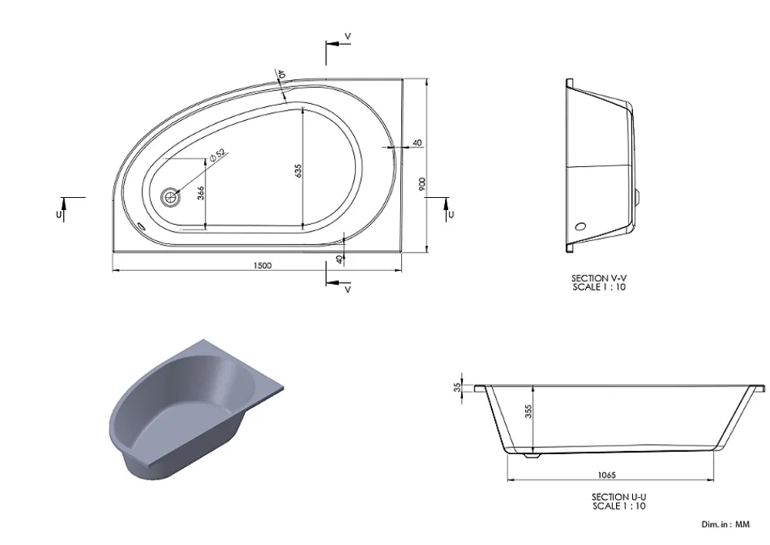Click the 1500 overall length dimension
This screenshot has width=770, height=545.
pyautogui.click(x=263, y=266)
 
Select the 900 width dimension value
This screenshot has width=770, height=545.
pyautogui.click(x=422, y=184)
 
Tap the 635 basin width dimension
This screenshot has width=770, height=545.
pyautogui.click(x=298, y=170)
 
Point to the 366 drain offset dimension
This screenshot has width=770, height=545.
pyautogui.click(x=200, y=193)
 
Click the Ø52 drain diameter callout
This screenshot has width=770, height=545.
pyautogui.click(x=217, y=155)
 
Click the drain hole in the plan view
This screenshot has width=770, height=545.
pyautogui.click(x=170, y=197)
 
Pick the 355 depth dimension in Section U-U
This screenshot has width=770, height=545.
pyautogui.click(x=528, y=411)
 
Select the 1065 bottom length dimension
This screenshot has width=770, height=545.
pyautogui.click(x=607, y=475)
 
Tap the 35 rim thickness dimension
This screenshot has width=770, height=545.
pyautogui.click(x=458, y=387)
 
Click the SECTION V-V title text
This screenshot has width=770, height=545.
pyautogui.click(x=598, y=279)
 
